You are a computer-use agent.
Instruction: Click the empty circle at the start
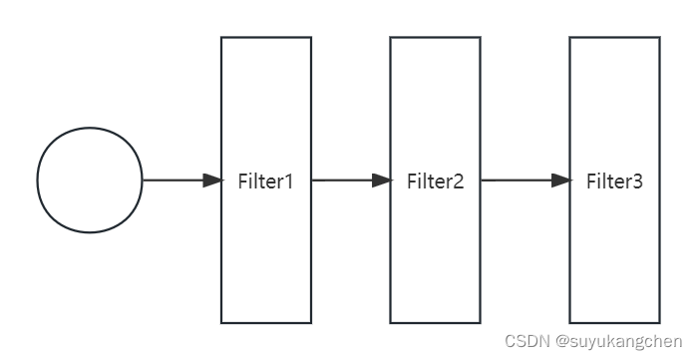(x=90, y=180)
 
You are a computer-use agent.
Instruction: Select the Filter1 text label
(x=266, y=181)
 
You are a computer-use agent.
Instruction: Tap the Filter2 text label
(x=436, y=181)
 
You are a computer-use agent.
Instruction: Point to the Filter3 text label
(x=614, y=181)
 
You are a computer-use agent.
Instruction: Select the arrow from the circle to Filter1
(x=174, y=180)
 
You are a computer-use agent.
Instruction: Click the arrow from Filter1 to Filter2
(x=344, y=180)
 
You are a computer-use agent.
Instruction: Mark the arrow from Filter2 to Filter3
(x=519, y=180)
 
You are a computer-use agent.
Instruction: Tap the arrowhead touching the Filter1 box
(x=212, y=180)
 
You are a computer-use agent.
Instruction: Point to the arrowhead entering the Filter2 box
(x=381, y=180)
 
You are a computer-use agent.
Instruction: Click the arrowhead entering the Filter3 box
(x=561, y=180)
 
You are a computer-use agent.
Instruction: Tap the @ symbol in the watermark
(x=562, y=341)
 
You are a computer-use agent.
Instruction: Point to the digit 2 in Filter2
(x=458, y=181)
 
